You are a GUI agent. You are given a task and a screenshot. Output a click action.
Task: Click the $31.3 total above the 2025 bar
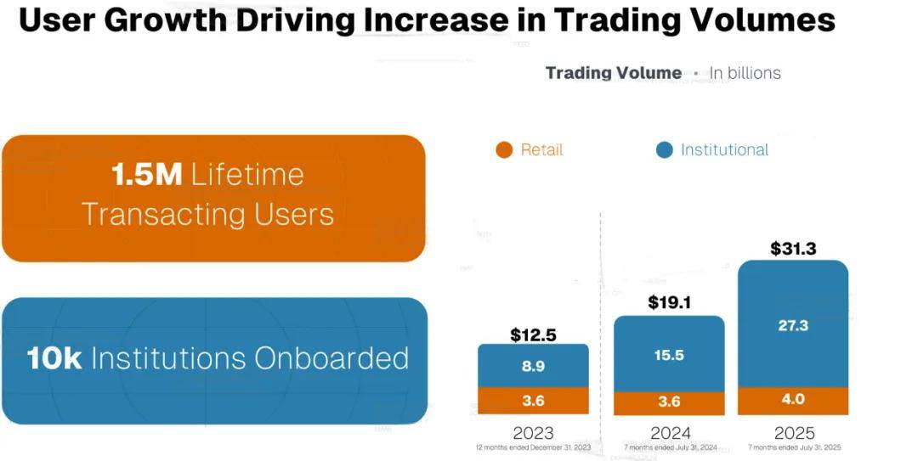792,249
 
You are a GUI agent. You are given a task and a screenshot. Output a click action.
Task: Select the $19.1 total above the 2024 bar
669,302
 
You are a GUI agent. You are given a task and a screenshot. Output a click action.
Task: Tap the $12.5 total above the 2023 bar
533,335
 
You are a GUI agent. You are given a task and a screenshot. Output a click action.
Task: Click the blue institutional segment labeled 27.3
792,325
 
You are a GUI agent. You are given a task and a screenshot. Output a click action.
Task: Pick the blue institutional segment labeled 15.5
669,355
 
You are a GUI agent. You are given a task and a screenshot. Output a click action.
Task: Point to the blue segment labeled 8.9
533,367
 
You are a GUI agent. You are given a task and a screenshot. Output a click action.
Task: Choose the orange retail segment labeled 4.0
792,400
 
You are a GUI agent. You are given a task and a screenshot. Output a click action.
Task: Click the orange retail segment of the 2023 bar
533,401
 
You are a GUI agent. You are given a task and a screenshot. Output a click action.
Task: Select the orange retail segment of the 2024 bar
669,403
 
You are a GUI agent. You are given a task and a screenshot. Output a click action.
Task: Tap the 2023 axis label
533,432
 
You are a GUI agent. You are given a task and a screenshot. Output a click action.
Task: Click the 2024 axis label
669,432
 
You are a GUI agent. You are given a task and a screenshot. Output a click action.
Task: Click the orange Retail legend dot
504,150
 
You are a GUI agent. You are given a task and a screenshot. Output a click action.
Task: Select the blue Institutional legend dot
665,150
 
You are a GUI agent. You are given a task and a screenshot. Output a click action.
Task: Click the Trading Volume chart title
613,73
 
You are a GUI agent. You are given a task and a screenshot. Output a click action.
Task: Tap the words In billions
745,73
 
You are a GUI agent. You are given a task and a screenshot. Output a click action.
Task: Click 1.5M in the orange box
147,175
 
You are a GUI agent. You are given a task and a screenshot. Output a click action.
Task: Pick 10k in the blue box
54,358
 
